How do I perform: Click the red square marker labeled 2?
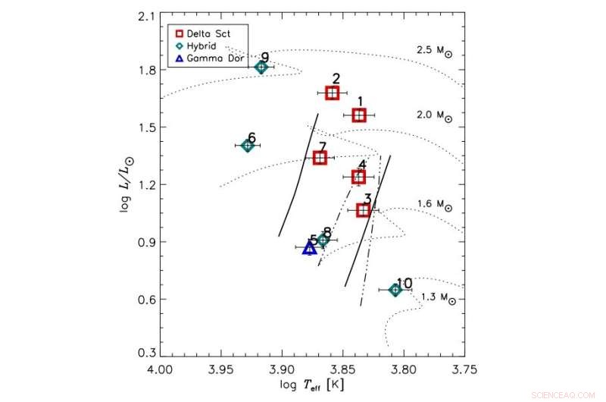pyautogui.click(x=332, y=93)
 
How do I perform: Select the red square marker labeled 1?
pyautogui.click(x=359, y=115)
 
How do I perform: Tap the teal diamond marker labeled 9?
pyautogui.click(x=261, y=67)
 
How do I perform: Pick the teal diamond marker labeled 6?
pyautogui.click(x=248, y=145)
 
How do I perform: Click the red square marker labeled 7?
pyautogui.click(x=320, y=157)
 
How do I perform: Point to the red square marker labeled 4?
pyautogui.click(x=358, y=177)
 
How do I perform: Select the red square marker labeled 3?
pyautogui.click(x=364, y=210)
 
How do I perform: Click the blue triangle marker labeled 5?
pyautogui.click(x=308, y=248)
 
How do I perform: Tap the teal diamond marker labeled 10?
pyautogui.click(x=395, y=290)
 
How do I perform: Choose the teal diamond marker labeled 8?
pyautogui.click(x=323, y=240)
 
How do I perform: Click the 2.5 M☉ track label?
pyautogui.click(x=435, y=51)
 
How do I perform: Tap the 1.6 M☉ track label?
pyautogui.click(x=435, y=206)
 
